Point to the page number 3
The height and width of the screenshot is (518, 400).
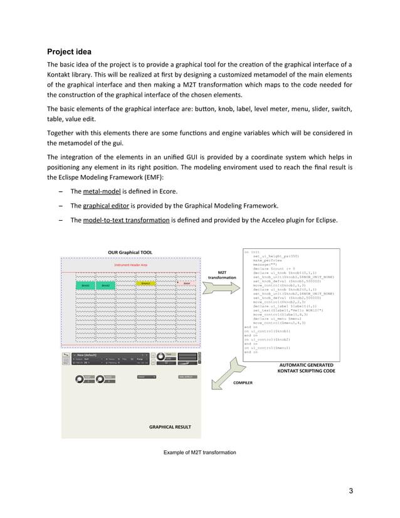coord(352,491)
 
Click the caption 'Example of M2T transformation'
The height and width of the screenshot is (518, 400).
coord(199,452)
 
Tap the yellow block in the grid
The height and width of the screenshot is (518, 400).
coord(146,283)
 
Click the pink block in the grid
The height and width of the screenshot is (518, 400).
coord(186,284)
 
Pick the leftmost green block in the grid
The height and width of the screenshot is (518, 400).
coord(87,285)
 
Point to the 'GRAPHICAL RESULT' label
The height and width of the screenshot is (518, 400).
coord(170,427)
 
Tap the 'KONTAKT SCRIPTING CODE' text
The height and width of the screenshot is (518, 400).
coord(307,371)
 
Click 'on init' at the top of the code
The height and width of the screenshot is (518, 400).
coord(251,251)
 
